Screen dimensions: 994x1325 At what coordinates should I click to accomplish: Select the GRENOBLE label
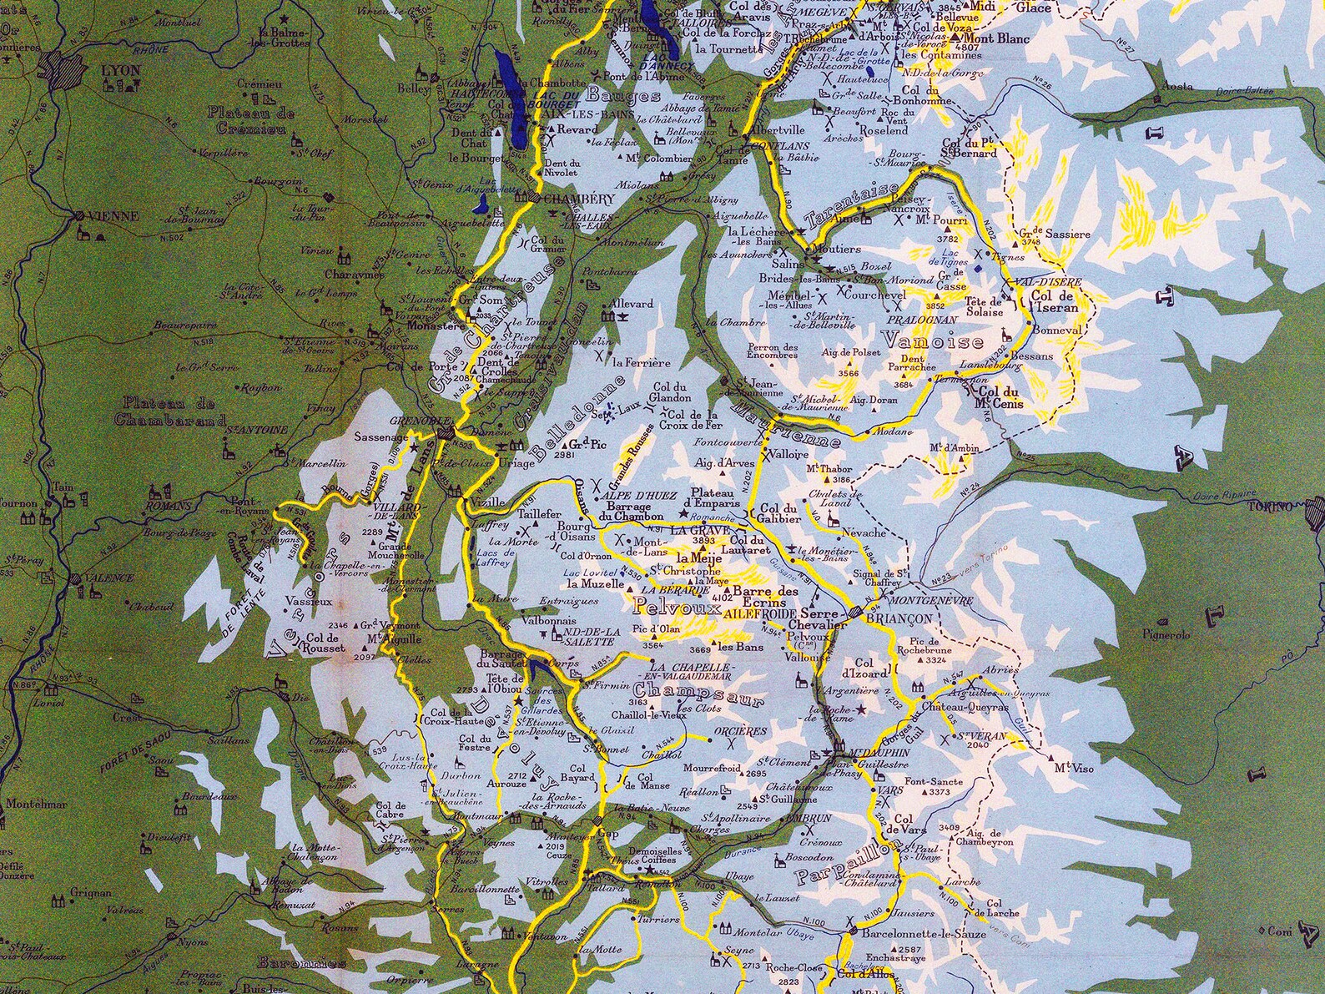418,421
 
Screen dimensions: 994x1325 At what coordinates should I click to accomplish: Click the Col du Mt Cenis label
999,397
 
